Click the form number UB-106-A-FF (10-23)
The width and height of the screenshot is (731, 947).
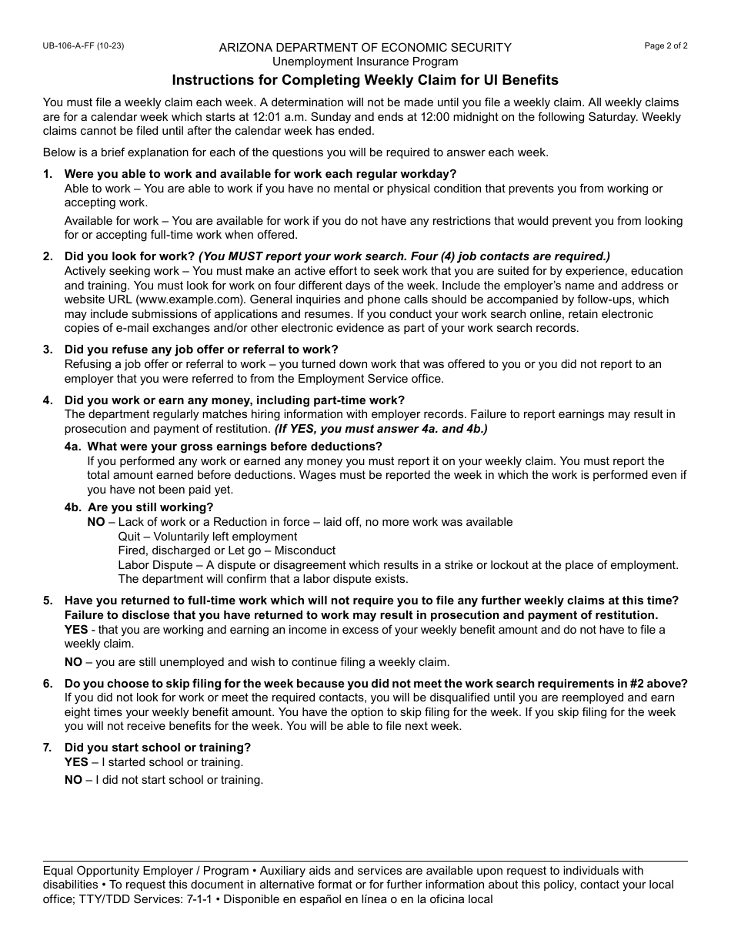(83, 46)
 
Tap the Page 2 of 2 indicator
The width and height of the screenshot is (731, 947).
(666, 46)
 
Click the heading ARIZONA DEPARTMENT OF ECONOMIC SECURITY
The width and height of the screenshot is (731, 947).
(365, 48)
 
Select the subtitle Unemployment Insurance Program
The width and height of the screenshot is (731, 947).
(365, 62)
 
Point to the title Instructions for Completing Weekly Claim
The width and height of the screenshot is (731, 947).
(365, 80)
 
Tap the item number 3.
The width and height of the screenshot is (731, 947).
(48, 350)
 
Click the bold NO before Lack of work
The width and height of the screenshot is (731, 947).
(95, 522)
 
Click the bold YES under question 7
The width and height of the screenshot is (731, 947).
(76, 762)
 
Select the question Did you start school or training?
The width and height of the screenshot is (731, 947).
(158, 748)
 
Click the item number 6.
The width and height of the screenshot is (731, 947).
(48, 684)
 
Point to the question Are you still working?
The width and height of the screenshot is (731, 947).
(151, 507)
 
